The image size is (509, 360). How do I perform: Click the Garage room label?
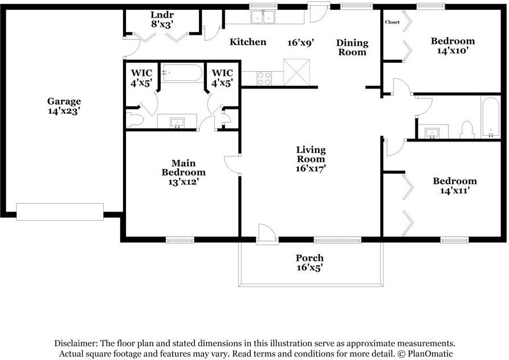pos(64,102)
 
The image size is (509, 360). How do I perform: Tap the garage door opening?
pos(60,212)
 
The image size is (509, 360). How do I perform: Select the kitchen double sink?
pos(263,17)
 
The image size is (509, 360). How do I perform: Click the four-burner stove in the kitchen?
pos(264,79)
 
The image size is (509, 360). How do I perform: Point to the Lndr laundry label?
pos(162,15)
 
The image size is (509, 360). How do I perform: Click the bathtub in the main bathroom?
pos(182,73)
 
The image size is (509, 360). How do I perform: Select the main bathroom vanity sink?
pos(177,123)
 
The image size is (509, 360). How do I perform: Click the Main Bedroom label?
pos(184,168)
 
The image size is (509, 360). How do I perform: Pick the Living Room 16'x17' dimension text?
pos(311,168)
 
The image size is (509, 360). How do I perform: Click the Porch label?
pos(310,258)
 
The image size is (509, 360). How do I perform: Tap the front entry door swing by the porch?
pos(267,233)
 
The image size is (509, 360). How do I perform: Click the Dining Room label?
pos(352,47)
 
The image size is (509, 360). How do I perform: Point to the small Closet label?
pos(392,22)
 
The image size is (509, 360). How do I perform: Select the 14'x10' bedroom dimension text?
pos(452,51)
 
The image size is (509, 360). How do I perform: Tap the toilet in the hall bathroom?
pos(467,130)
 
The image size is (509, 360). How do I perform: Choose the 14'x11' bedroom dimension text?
pos(455,191)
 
